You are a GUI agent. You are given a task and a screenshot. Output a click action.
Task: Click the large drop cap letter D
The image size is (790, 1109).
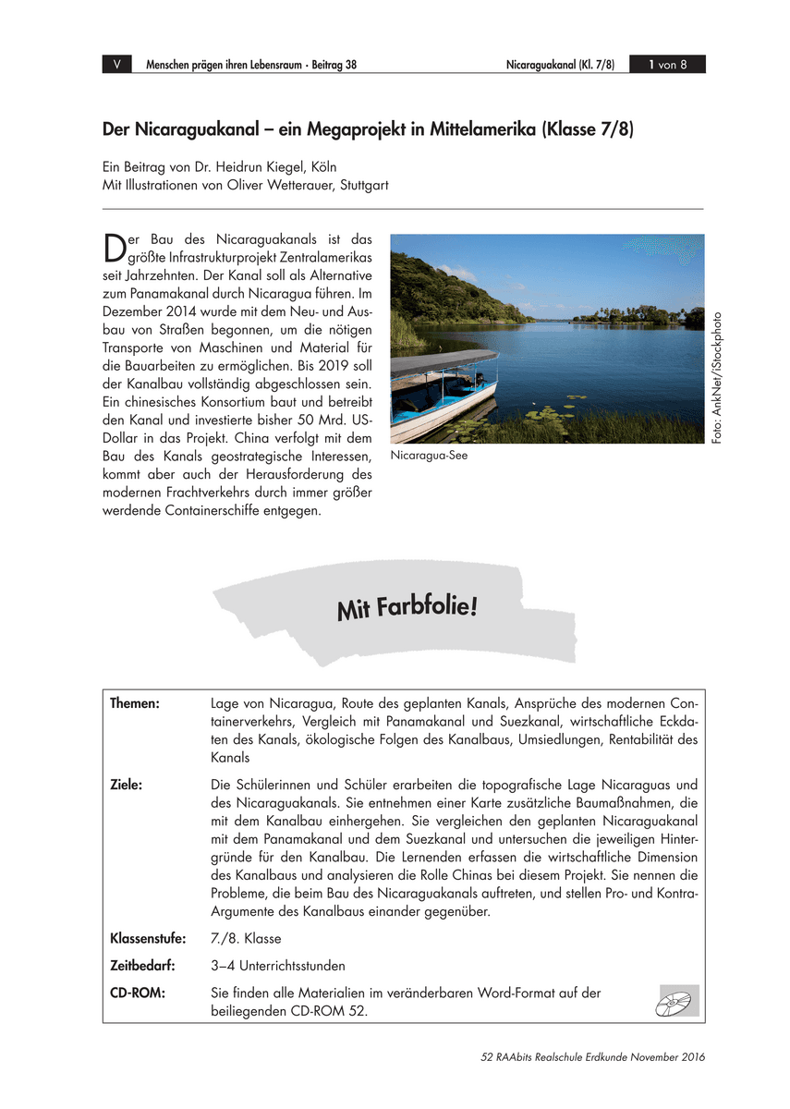[x=114, y=248]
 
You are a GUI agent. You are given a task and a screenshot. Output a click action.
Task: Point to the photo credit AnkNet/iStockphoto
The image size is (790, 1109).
[x=717, y=375]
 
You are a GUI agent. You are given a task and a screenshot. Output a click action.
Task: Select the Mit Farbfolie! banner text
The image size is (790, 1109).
[x=407, y=609]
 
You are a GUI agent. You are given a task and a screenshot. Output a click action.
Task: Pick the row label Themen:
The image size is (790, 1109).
[x=135, y=703]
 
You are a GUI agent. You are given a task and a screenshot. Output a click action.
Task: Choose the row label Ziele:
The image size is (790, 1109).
[x=126, y=785]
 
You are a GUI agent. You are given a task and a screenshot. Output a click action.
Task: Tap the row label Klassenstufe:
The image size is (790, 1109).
[x=148, y=939]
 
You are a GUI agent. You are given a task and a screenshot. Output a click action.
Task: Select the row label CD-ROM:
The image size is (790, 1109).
[x=138, y=993]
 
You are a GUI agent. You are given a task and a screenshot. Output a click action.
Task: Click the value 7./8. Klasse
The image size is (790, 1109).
[x=246, y=939]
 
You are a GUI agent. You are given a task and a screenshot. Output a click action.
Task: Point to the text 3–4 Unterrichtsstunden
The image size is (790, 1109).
[x=278, y=966]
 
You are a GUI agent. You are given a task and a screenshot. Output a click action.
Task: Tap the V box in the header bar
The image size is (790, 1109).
[x=116, y=65]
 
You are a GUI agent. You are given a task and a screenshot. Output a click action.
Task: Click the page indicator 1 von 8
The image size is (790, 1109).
[x=667, y=65]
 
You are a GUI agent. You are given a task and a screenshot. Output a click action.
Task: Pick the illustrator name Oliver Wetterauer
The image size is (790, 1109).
[x=275, y=185]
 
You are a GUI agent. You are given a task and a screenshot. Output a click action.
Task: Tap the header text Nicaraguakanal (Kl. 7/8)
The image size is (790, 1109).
[x=560, y=65]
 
